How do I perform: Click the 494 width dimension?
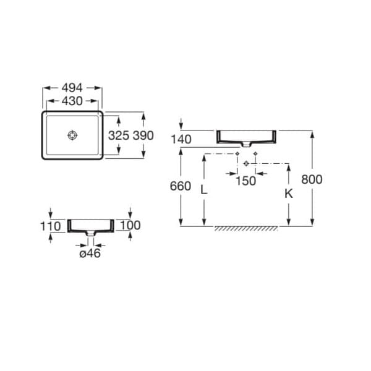(72, 88)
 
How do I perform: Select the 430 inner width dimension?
(72, 101)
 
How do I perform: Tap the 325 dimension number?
(119, 135)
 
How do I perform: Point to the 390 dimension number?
(143, 135)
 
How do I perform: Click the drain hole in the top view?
(72, 135)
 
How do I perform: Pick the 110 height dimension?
(51, 226)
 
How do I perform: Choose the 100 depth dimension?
(130, 225)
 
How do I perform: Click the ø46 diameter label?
(90, 254)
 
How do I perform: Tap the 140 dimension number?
(181, 139)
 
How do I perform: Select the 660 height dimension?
(181, 186)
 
